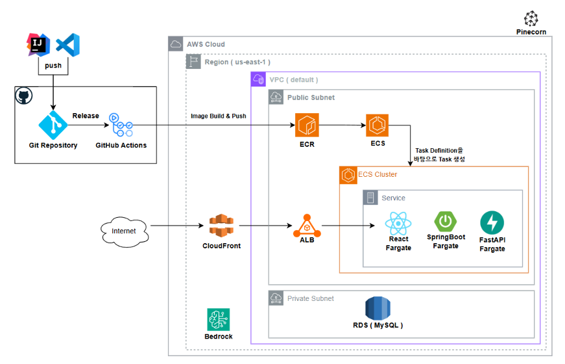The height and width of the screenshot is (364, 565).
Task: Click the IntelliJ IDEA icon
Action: click(38, 44)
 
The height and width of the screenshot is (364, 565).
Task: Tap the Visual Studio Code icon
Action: click(67, 44)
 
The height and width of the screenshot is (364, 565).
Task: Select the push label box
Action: click(53, 66)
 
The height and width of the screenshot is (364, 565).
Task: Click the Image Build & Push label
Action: click(219, 116)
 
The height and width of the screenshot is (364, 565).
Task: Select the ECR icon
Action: click(307, 124)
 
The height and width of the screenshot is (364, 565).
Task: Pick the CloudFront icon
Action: click(221, 226)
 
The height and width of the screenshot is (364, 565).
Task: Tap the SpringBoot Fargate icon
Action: click(445, 222)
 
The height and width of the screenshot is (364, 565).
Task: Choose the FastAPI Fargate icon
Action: click(492, 223)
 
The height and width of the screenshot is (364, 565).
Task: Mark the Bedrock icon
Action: click(218, 319)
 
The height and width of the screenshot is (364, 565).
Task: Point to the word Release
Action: click(86, 116)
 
